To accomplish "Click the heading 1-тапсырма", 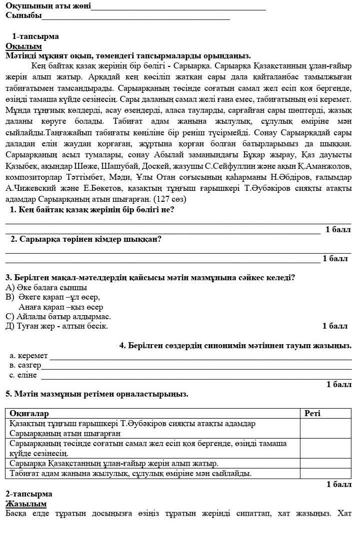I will click(35, 36).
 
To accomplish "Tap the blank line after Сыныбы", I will click(135, 18).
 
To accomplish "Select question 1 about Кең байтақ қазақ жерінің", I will click(92, 210).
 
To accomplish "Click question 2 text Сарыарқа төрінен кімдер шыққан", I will click(86, 239).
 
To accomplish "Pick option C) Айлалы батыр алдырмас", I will click(58, 317).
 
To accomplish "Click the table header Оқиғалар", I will click(29, 414).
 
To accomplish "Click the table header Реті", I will click(312, 414).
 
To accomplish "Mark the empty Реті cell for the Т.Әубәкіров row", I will click(325, 428).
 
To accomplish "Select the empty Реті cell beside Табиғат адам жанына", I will click(325, 473).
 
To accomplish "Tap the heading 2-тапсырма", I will click(29, 494).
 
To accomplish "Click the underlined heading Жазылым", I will click(26, 504).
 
